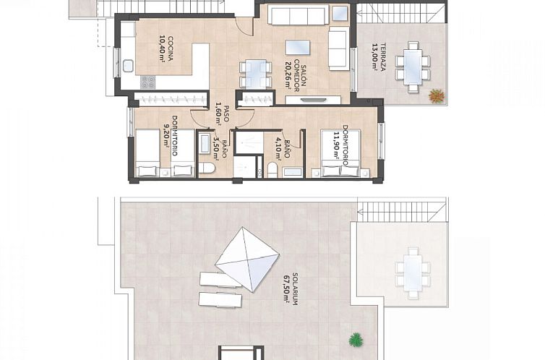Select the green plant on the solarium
tap(355, 339)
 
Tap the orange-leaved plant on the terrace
tap(436, 94)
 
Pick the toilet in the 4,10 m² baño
tap(272, 169)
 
